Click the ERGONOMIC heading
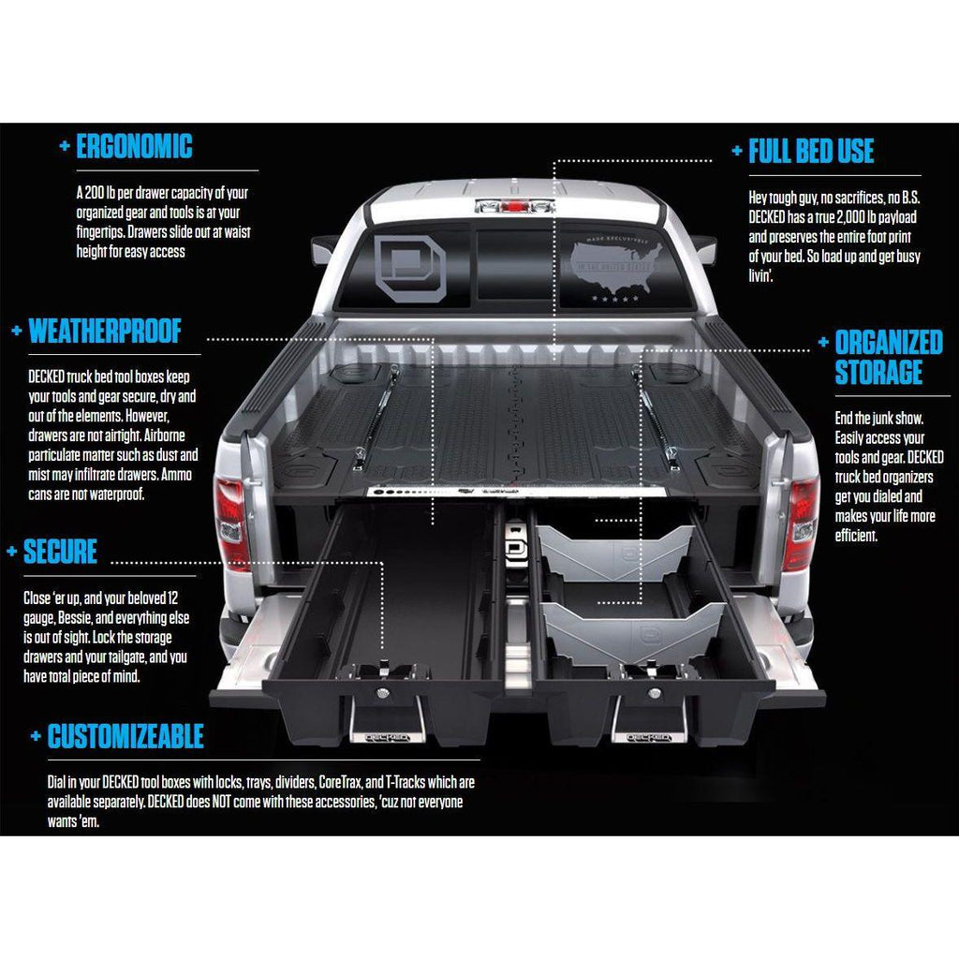click(134, 147)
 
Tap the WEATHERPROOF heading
click(105, 332)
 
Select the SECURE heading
click(61, 552)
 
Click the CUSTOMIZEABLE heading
click(125, 736)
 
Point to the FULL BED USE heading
click(811, 152)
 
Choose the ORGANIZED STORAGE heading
click(888, 357)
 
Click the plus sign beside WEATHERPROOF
click(16, 332)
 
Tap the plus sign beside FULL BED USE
click(736, 152)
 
